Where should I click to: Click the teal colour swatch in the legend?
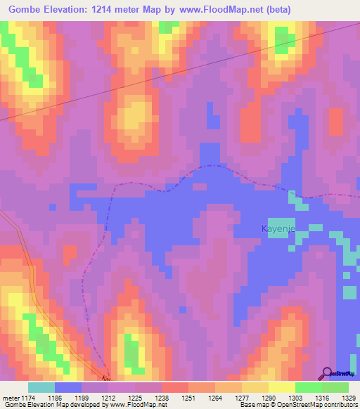tap(41, 387)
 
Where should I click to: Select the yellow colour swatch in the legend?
tap(281, 387)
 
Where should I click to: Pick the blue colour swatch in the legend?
tap(68, 387)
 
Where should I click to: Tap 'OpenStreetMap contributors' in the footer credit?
tap(317, 405)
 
